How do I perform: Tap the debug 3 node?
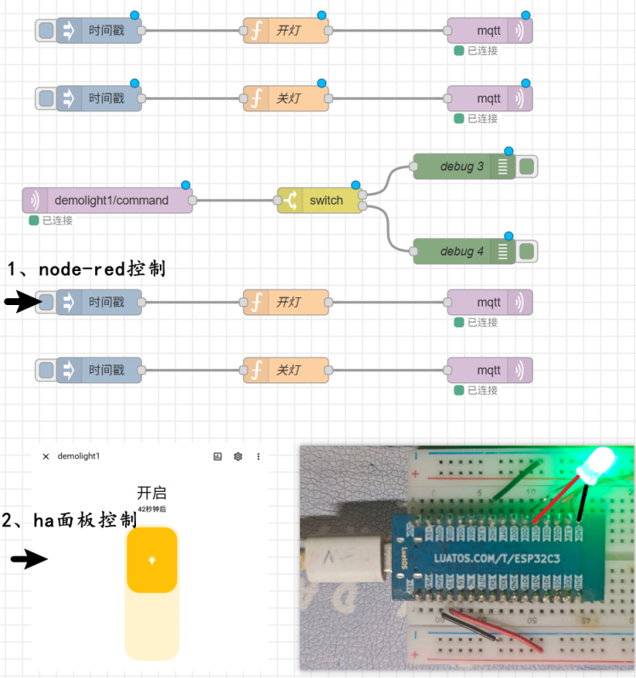(463, 167)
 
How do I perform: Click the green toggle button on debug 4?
(526, 251)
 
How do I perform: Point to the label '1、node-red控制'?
(86, 269)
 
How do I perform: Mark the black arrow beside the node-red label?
(21, 302)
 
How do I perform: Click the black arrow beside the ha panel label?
(29, 559)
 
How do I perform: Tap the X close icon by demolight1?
(46, 456)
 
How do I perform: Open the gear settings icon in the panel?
(238, 456)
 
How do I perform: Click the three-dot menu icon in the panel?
(258, 456)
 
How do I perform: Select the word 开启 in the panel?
(151, 493)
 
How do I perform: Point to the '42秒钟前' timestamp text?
(151, 509)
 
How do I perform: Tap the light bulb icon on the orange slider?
(151, 560)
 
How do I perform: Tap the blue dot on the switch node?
(355, 185)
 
